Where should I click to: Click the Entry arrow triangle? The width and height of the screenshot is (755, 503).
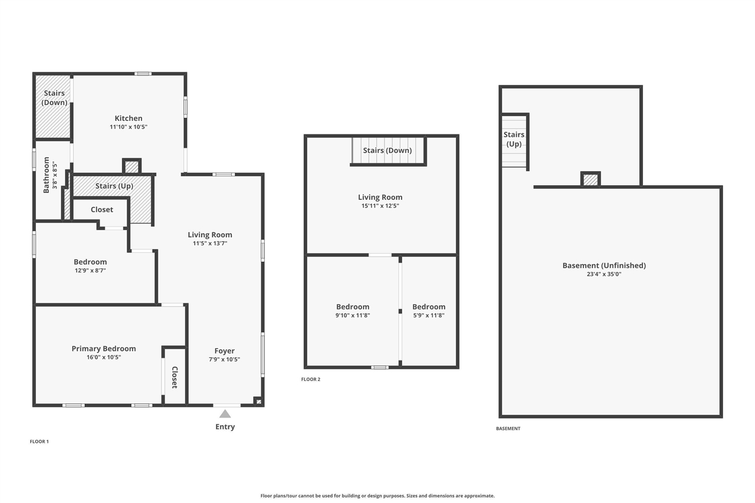point(225,414)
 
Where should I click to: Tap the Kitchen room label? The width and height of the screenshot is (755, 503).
point(129,119)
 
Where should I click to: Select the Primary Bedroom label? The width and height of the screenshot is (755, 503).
point(104,349)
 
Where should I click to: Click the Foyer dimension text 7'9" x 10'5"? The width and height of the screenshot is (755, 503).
point(225,359)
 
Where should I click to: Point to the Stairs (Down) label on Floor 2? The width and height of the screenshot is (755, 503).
point(387,150)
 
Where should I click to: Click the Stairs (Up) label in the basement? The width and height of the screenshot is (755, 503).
point(514,139)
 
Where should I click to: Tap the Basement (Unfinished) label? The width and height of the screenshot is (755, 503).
point(604,265)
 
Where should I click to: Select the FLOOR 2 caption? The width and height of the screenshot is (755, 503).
point(311,379)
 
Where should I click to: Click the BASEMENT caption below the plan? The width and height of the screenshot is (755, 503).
point(508,429)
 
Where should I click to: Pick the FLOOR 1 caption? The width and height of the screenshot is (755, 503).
point(40,441)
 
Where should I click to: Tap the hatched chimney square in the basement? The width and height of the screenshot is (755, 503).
point(590,179)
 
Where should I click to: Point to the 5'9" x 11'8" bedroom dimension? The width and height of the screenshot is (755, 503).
point(429,315)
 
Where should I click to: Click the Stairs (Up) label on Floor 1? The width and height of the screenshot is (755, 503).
point(114,186)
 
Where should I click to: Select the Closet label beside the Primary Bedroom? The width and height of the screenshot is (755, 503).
point(175,377)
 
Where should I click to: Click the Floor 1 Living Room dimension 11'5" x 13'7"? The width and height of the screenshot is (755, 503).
point(210,243)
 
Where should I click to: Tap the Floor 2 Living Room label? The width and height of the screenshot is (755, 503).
point(380,198)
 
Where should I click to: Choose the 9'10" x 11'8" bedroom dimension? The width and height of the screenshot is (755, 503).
point(353,315)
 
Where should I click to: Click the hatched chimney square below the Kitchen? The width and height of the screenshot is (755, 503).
point(132,167)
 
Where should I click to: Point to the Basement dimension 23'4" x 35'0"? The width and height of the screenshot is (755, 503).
point(604,274)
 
